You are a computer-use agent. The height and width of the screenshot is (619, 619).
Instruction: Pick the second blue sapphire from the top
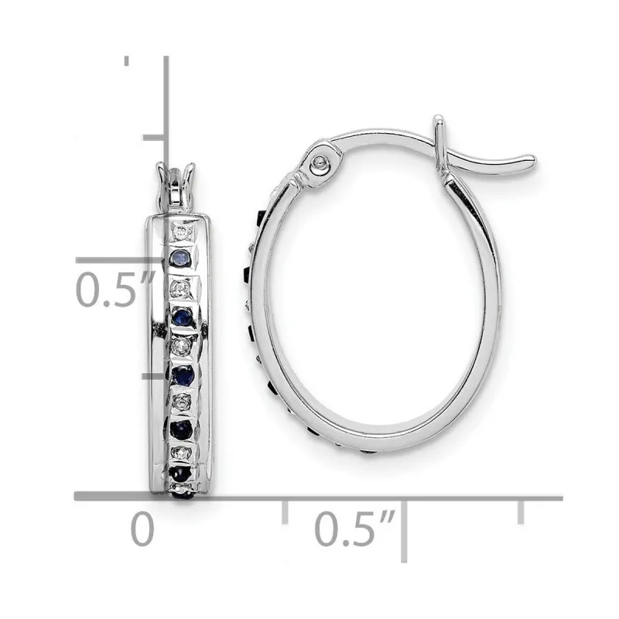tap(183, 315)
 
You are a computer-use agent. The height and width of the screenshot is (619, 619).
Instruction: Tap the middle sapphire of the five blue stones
tap(184, 374)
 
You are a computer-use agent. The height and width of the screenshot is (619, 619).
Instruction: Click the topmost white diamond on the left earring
tap(179, 231)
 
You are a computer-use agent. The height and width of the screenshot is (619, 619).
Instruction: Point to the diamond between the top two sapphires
tap(180, 288)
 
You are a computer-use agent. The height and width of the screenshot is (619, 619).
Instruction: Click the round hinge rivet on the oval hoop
tap(318, 164)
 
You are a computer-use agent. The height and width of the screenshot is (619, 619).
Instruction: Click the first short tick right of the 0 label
tap(286, 510)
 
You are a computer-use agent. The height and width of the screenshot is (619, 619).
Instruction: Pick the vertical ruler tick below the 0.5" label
tap(153, 377)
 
